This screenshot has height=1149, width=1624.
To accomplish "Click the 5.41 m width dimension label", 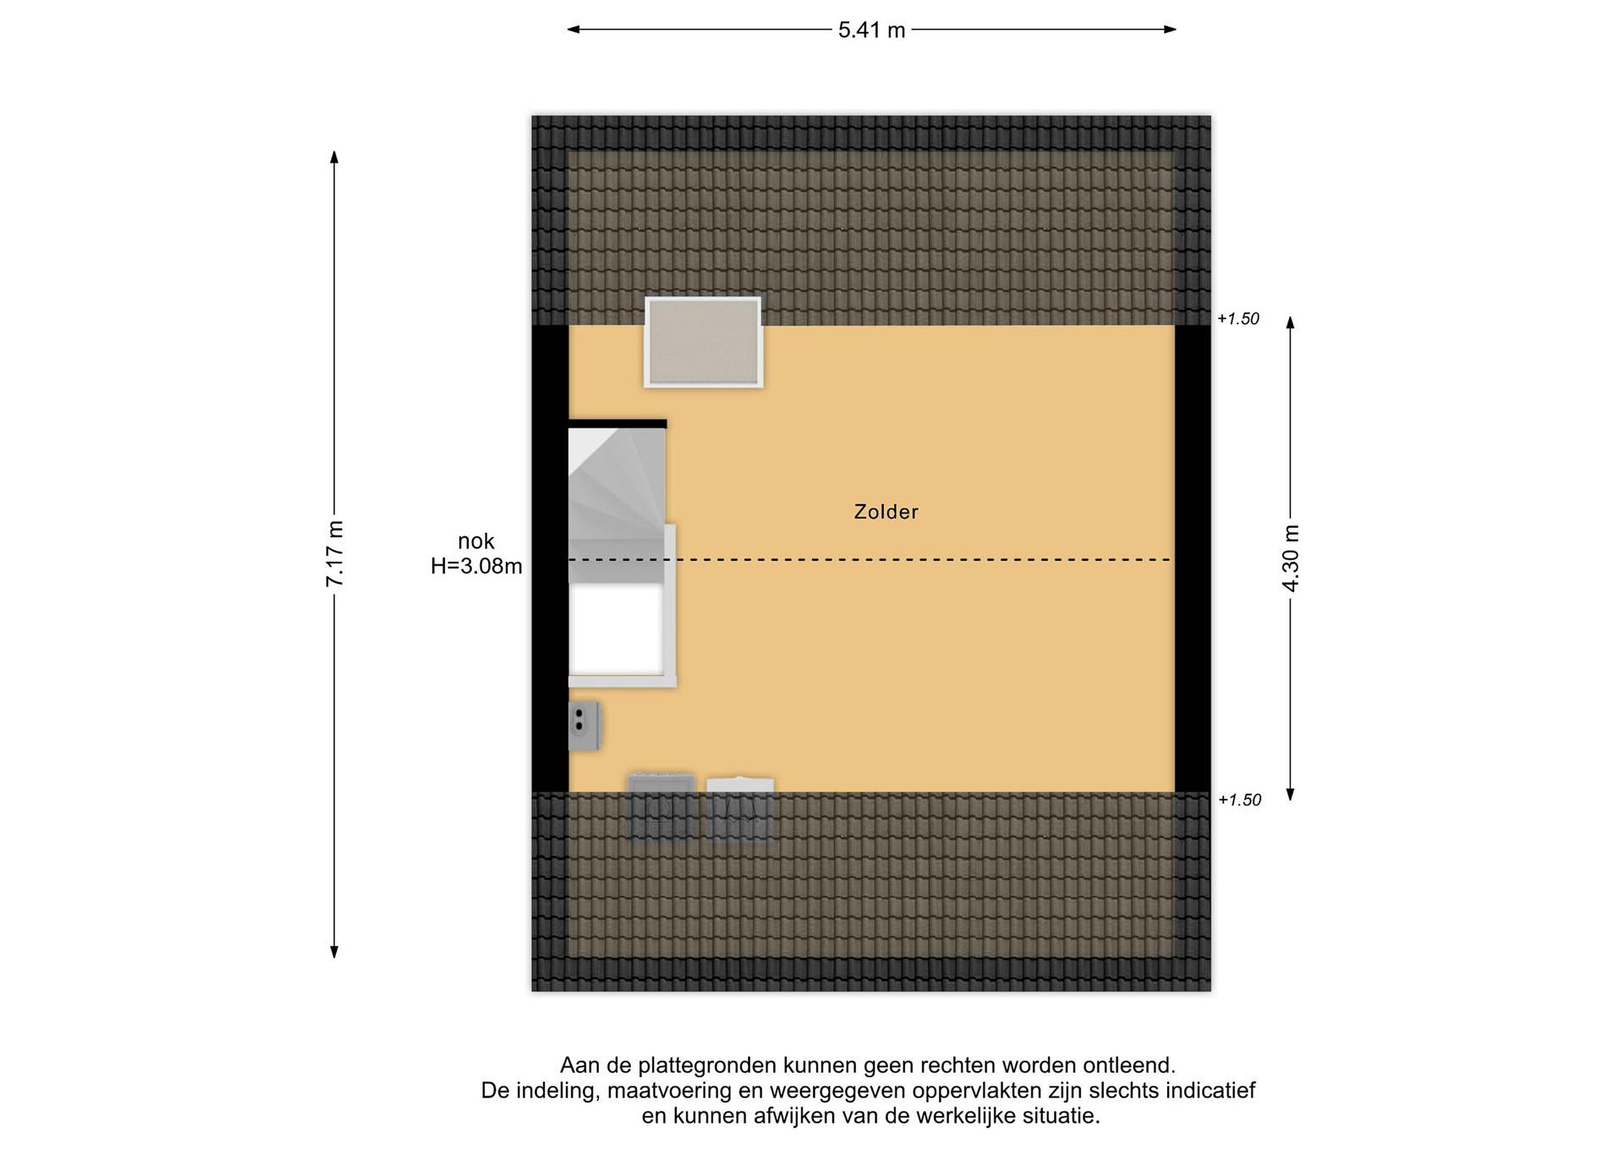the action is (871, 30).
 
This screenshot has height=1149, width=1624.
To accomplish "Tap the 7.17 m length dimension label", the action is (334, 553).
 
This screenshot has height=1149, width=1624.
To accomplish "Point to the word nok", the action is (476, 542).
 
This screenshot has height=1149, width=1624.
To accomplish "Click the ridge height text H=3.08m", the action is (476, 566).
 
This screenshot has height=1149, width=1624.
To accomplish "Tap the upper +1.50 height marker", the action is (1238, 319).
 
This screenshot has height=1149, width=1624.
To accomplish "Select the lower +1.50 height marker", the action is (1239, 800).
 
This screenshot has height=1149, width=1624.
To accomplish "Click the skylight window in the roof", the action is (703, 342).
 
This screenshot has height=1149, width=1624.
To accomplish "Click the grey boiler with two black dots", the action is (584, 726).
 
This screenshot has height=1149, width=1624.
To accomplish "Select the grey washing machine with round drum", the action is (661, 807).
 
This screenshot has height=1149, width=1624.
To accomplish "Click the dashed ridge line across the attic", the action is (870, 560).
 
